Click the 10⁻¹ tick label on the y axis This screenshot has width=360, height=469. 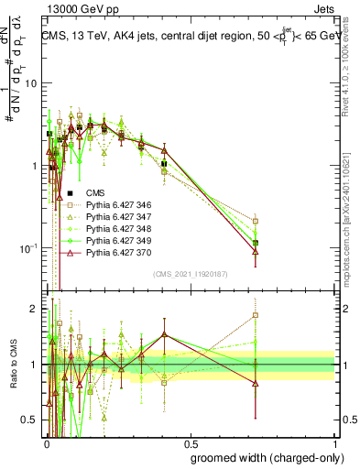click(28, 248)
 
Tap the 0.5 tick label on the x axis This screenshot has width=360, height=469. click(191, 442)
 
